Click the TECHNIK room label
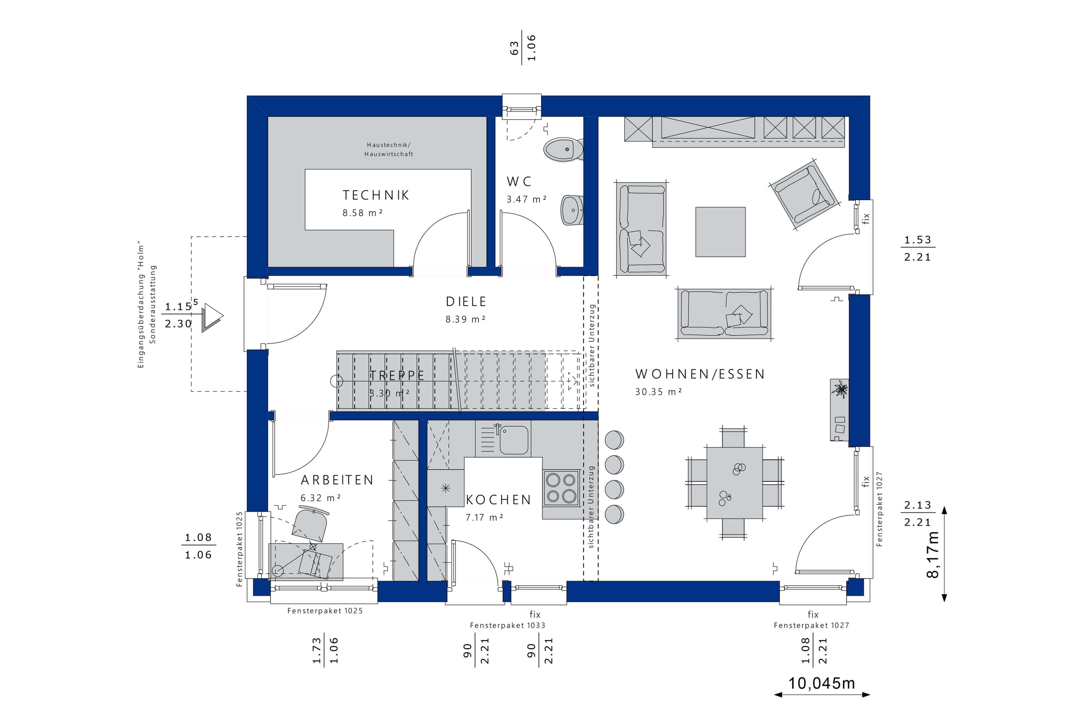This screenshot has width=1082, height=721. pyautogui.click(x=376, y=195)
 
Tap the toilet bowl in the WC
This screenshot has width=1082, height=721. pyautogui.click(x=564, y=149)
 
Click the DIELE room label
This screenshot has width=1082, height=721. pyautogui.click(x=466, y=302)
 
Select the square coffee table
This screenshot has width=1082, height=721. pyautogui.click(x=720, y=232)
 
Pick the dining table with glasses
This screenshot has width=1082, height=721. pyautogui.click(x=734, y=483)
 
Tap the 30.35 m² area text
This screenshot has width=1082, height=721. pyautogui.click(x=658, y=392)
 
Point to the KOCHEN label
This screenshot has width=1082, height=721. pyautogui.click(x=498, y=500)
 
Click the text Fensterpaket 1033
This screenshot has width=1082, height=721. pyautogui.click(x=507, y=625)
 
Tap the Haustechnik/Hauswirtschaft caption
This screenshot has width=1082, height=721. pyautogui.click(x=389, y=149)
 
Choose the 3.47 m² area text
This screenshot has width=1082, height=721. pyautogui.click(x=526, y=199)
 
